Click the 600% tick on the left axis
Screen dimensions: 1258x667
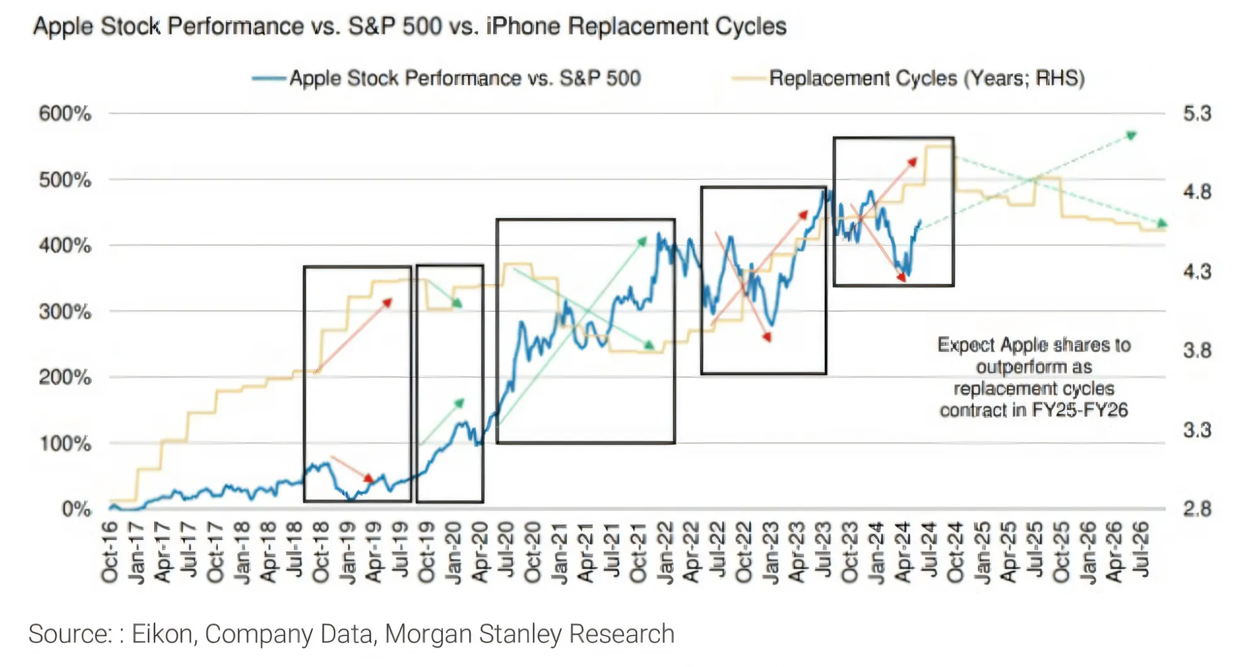(x=65, y=114)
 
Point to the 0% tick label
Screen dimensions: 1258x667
(x=76, y=509)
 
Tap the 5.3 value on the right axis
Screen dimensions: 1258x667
(x=1197, y=114)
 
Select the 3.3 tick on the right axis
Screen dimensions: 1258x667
(x=1197, y=430)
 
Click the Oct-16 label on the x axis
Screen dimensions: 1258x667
(x=110, y=552)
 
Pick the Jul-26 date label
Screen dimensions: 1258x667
(x=1141, y=548)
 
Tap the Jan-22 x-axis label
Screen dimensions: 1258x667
(x=665, y=552)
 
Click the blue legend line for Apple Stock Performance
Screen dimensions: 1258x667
(x=269, y=79)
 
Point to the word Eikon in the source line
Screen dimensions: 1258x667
(x=162, y=634)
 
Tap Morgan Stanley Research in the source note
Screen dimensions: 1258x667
(x=530, y=634)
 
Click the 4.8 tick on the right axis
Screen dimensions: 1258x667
(x=1197, y=192)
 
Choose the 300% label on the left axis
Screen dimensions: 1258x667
(x=65, y=312)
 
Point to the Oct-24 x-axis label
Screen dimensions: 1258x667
(x=956, y=552)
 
